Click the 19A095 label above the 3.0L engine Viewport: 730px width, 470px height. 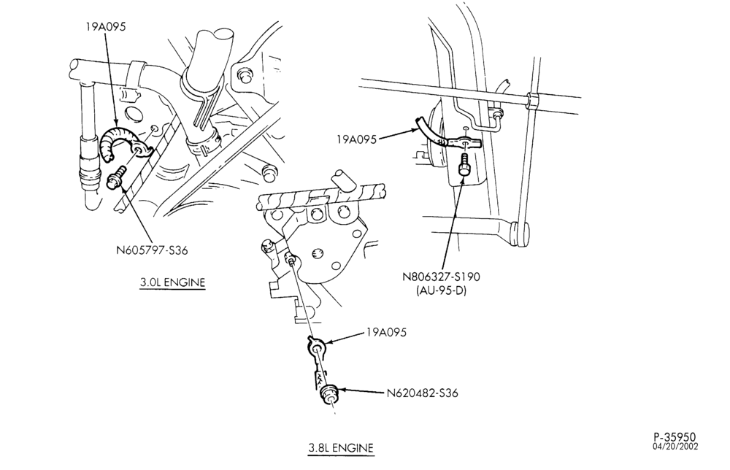tap(105, 26)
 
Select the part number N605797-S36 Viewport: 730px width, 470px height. tap(152, 250)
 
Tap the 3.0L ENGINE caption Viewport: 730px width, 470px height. tap(172, 282)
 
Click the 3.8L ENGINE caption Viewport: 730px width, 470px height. tap(341, 447)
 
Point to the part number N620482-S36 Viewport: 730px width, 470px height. tap(422, 393)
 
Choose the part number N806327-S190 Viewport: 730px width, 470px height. tap(442, 277)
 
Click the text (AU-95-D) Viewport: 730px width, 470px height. tap(441, 291)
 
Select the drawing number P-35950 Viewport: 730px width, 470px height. tap(675, 437)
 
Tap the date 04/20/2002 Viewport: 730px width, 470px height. tap(675, 446)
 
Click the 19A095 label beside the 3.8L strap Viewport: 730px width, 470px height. tap(386, 332)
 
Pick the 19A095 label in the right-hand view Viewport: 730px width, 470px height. tap(357, 139)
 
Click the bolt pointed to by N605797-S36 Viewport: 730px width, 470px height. tap(116, 178)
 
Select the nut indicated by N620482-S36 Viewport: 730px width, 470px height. tap(330, 393)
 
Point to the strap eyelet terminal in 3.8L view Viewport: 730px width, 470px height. tap(317, 347)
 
